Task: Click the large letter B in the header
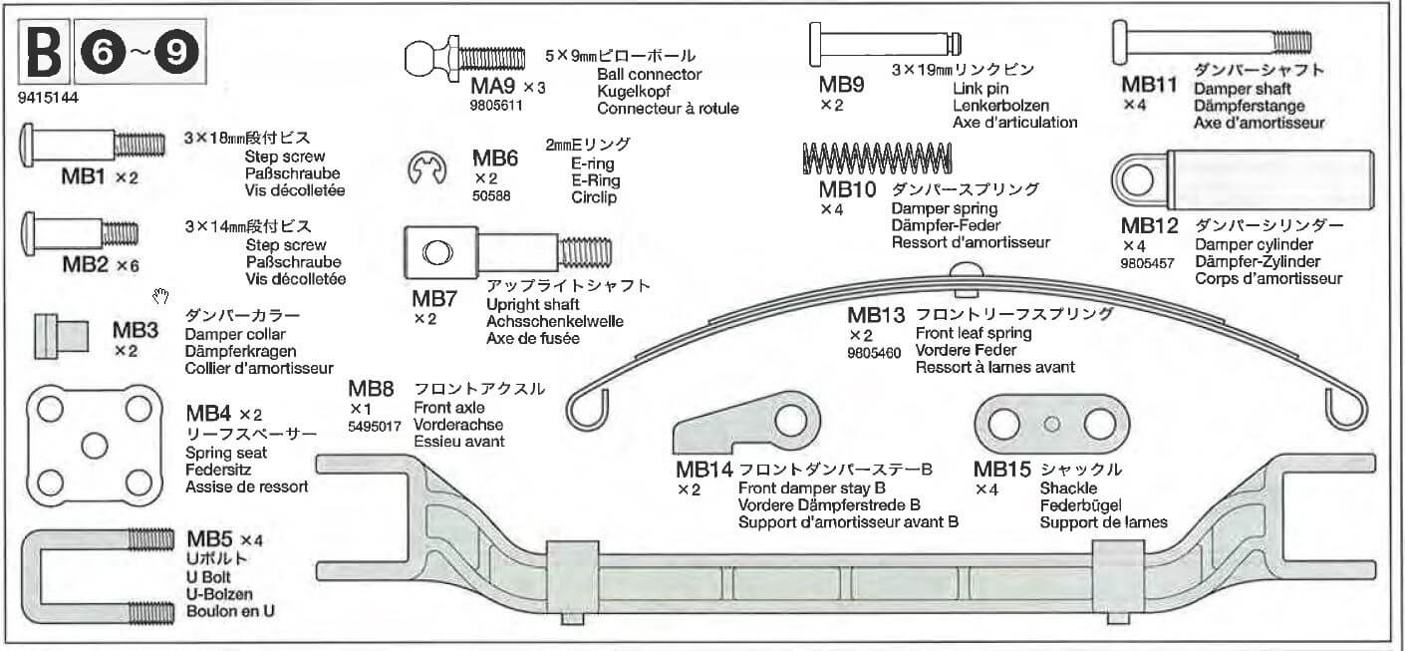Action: (x=43, y=57)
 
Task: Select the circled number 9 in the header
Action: (x=176, y=57)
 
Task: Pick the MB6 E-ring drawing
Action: (x=426, y=168)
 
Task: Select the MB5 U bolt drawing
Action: (x=91, y=578)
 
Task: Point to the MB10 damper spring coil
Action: (x=877, y=158)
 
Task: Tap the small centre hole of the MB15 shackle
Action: (x=1050, y=424)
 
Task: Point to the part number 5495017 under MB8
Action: (x=376, y=425)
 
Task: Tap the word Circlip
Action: (x=594, y=197)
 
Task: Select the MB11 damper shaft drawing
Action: (x=1210, y=41)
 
